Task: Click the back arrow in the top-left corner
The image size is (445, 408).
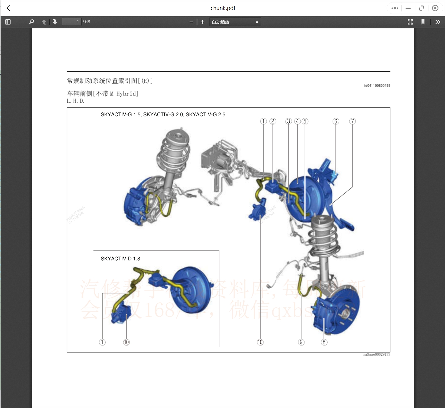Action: (x=9, y=8)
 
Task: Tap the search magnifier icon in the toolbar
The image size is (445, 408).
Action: (x=31, y=22)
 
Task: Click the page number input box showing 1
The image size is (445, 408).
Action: (x=71, y=22)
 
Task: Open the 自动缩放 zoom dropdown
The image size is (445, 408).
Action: (x=235, y=22)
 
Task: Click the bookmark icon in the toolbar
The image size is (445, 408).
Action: (x=423, y=22)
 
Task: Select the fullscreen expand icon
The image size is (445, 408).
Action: (x=410, y=22)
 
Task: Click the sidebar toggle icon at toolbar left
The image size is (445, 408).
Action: (x=8, y=22)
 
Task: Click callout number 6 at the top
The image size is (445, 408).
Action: (x=336, y=121)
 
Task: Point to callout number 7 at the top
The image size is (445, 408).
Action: (x=352, y=121)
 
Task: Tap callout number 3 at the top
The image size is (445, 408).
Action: (x=289, y=121)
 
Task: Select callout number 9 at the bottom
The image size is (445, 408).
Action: (x=301, y=342)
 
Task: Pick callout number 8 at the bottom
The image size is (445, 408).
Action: (x=324, y=342)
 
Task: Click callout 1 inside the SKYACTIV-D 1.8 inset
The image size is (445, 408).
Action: (x=102, y=342)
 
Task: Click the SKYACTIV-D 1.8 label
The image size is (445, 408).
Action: (x=120, y=259)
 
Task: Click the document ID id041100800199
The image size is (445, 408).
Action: (x=377, y=86)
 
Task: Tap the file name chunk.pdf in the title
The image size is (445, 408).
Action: (x=223, y=8)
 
